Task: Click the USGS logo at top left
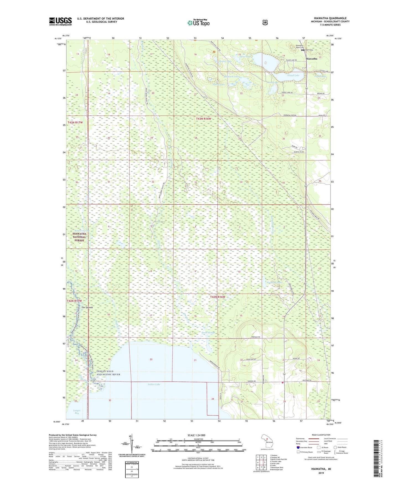60,21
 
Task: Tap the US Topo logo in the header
198,23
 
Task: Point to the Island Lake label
293,75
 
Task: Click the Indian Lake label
154,384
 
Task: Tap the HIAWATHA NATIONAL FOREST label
79,237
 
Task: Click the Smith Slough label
208,333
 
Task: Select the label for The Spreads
87,307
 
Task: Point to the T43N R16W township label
203,119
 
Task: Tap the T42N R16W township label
218,297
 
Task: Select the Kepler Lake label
225,61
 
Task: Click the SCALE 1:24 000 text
196,435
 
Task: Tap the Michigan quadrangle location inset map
267,441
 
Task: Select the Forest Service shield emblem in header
265,22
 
